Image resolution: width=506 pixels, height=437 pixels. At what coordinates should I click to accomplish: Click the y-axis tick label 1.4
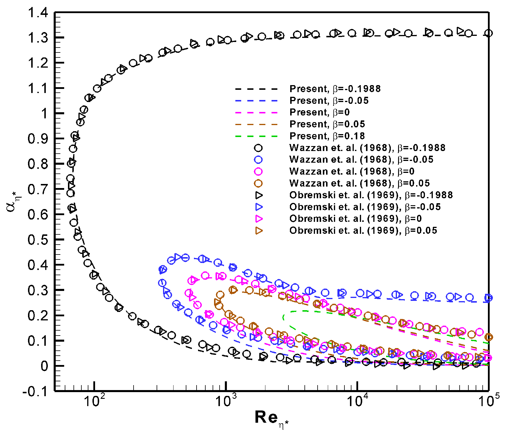(38, 13)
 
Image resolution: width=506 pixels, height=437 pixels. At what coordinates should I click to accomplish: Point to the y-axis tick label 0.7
(38, 189)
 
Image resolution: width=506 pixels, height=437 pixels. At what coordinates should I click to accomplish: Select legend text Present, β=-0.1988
(335, 89)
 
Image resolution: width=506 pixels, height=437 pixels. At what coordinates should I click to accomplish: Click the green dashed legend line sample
(257, 136)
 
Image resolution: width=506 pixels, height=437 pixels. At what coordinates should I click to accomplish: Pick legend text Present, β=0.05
(327, 124)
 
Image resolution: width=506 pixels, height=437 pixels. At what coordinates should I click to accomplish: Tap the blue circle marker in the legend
(258, 159)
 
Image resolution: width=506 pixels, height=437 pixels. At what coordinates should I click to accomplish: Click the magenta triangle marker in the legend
(259, 219)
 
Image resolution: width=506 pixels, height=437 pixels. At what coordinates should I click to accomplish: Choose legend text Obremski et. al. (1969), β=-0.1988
(371, 195)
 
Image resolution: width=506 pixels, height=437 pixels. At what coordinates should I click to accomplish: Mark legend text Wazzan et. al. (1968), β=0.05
(359, 183)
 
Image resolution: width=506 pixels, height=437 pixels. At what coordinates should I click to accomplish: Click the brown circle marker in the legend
(258, 183)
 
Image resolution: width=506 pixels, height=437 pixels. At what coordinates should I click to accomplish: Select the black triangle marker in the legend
(259, 195)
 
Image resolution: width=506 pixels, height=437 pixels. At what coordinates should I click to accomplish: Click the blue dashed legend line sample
(257, 101)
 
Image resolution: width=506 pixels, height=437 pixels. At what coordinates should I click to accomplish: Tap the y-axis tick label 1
(45, 113)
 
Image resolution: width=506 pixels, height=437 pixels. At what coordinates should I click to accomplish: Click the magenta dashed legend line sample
(257, 113)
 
